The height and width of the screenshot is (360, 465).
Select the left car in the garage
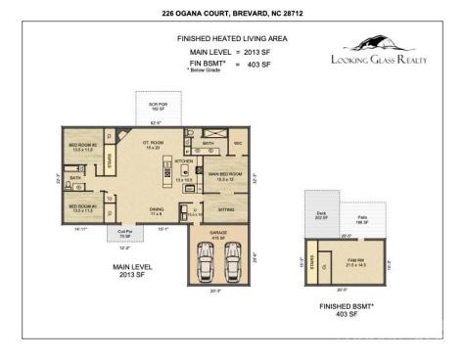coord(205,259)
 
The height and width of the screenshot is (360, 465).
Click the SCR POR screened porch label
coord(157,105)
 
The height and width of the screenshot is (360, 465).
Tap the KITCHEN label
coord(184,161)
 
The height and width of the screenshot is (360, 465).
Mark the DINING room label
coord(156,210)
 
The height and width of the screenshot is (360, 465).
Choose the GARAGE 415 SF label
coord(219,234)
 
